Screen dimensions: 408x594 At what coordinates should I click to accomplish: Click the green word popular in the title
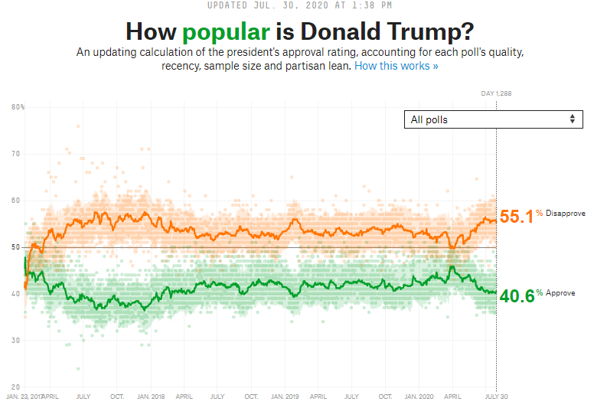[226, 32]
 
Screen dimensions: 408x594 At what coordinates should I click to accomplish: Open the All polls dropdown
[493, 119]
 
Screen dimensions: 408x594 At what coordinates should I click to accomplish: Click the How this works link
[397, 67]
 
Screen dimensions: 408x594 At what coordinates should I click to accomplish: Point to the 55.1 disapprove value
[516, 217]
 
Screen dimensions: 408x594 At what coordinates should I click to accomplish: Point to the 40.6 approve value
[515, 295]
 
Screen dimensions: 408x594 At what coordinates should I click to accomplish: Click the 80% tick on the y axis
[18, 107]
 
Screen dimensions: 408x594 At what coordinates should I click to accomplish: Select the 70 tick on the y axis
[15, 154]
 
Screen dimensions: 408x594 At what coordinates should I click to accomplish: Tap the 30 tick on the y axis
[15, 340]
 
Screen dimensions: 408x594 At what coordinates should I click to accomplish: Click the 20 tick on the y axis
[15, 387]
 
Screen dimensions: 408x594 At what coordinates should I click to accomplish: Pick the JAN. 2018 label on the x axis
[150, 397]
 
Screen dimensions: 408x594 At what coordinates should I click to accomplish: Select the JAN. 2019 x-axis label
[285, 397]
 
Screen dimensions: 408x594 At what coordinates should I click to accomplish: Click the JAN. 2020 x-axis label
[419, 397]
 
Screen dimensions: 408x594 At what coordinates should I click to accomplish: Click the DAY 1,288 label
[495, 93]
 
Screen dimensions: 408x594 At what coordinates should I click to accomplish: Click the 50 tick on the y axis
[15, 247]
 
